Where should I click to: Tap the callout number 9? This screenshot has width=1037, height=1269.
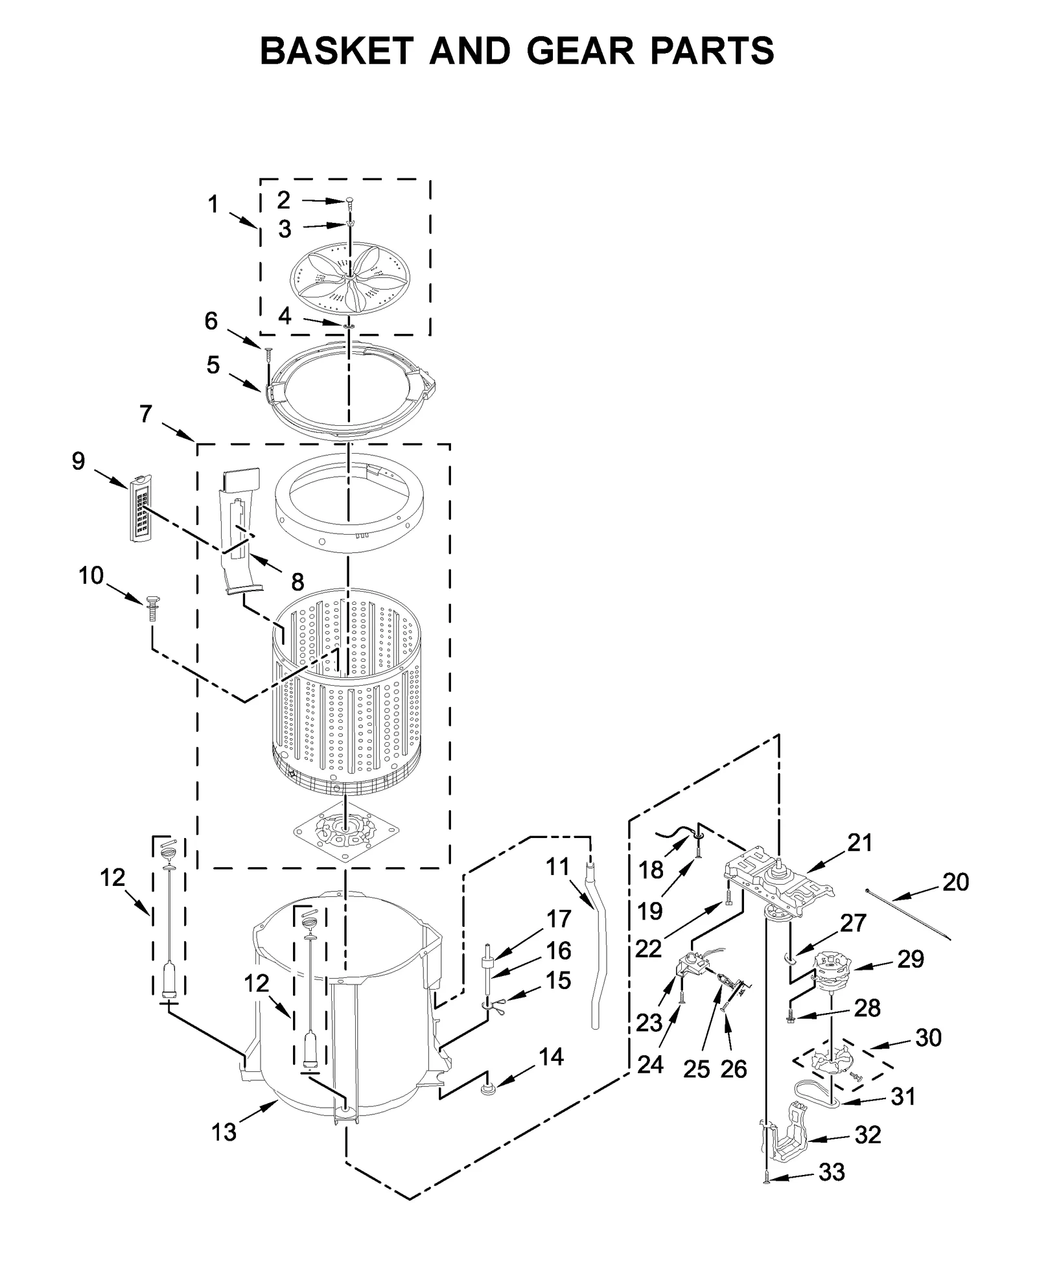pos(78,461)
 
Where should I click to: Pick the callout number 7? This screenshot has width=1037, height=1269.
pos(146,413)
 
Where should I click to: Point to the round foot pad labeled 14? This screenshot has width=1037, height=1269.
pos(487,1089)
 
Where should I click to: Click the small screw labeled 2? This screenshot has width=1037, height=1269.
pos(350,204)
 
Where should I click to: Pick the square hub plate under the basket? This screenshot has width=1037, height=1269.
pos(346,830)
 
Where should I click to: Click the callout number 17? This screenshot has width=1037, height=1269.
pos(558,919)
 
